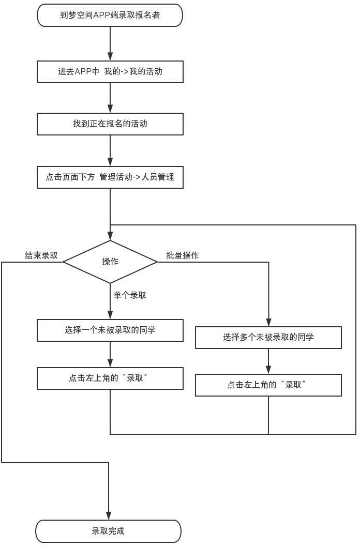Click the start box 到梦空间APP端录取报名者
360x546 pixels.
(x=110, y=15)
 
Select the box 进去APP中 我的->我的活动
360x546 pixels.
(x=110, y=72)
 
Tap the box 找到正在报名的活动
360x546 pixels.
(x=110, y=124)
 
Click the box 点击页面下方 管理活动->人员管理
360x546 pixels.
(x=110, y=177)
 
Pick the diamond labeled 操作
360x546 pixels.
(x=110, y=262)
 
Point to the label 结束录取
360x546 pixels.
(x=41, y=255)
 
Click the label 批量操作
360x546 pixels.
(x=182, y=255)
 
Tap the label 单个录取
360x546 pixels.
(x=130, y=295)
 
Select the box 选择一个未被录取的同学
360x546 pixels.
(x=110, y=330)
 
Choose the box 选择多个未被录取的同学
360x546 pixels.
(x=268, y=338)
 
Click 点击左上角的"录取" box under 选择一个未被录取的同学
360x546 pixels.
(x=110, y=378)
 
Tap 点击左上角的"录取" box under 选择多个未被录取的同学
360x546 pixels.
(x=268, y=385)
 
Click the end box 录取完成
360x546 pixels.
(x=108, y=531)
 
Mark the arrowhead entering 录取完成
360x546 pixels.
(x=109, y=516)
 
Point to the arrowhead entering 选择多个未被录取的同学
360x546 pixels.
(x=268, y=323)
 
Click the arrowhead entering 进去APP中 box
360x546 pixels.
(x=110, y=57)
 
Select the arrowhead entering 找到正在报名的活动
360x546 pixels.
(x=110, y=109)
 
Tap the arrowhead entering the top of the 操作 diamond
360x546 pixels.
(x=110, y=236)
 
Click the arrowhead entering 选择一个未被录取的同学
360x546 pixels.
(x=110, y=315)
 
